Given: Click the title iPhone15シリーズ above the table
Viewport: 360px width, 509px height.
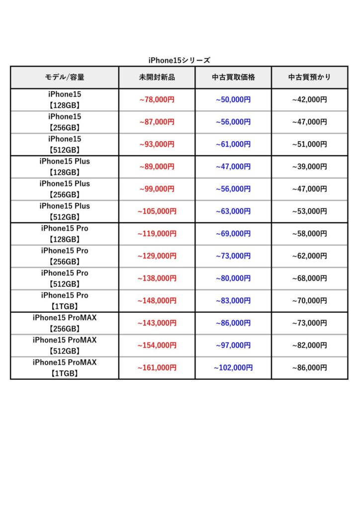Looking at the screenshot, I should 180,60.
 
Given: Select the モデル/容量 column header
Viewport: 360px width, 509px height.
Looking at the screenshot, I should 65,77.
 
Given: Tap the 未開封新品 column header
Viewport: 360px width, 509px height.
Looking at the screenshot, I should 157,77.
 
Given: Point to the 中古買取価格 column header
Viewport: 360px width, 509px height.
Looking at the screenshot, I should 233,77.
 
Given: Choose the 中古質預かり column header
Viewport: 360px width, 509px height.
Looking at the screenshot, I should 309,77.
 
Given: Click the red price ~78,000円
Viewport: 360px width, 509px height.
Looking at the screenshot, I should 157,99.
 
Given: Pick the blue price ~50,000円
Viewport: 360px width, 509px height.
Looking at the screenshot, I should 233,99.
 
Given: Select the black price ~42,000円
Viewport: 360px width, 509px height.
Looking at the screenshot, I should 309,99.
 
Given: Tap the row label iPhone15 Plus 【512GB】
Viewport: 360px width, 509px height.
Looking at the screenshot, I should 65,211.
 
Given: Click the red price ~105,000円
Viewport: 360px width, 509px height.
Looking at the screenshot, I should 157,211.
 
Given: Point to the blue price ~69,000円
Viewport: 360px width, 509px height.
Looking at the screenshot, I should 233,234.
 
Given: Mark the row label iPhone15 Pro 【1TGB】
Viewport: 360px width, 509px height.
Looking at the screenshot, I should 65,301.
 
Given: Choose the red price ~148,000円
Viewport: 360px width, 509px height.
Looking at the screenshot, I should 157,301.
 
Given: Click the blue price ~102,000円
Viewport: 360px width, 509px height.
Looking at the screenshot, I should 233,368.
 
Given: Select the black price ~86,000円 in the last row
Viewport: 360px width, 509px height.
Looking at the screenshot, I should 309,368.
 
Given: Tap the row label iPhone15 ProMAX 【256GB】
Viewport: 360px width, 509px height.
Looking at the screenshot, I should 65,323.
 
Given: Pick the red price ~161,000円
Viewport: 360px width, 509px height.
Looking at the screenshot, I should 157,368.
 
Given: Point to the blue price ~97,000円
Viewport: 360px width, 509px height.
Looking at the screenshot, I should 233,345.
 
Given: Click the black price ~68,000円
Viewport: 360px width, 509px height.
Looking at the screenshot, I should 309,278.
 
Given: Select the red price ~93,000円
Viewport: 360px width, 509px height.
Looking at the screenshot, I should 157,144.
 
